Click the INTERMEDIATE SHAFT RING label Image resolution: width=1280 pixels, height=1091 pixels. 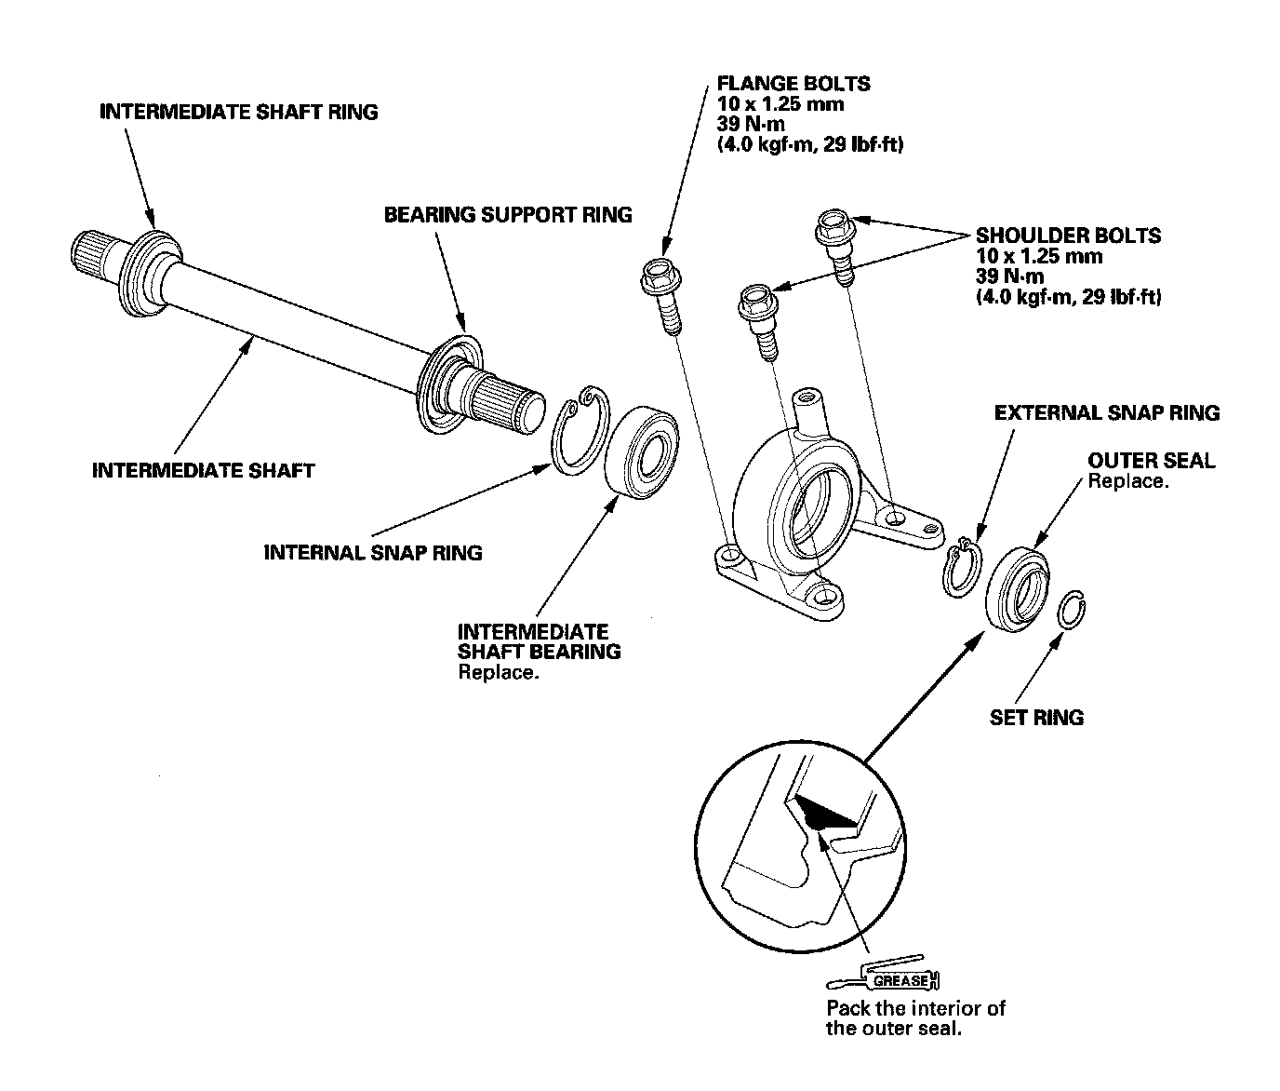[238, 112]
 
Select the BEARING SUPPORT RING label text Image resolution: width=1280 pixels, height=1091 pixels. [508, 215]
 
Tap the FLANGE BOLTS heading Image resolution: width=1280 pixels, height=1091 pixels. [793, 84]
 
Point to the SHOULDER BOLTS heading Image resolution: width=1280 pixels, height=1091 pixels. [1068, 236]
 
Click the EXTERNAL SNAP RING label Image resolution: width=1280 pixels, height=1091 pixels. [1106, 412]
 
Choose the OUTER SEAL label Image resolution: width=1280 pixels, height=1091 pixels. [1151, 460]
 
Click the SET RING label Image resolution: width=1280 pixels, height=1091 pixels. [1036, 717]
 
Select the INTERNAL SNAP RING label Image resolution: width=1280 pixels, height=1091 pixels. [373, 552]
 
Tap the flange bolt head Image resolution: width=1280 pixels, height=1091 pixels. [659, 273]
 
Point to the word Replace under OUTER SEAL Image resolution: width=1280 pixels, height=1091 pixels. [1127, 481]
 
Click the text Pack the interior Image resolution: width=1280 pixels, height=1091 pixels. [915, 1008]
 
